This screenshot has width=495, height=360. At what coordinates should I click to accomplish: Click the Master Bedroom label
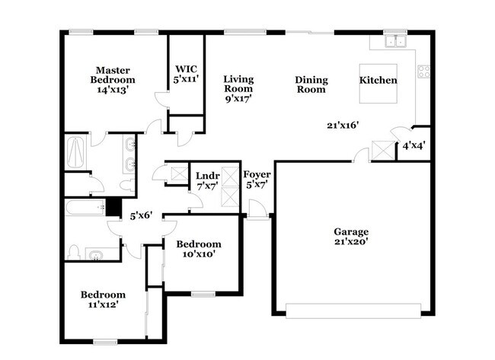(x=113, y=79)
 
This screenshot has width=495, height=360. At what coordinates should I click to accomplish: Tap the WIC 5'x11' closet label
(x=187, y=72)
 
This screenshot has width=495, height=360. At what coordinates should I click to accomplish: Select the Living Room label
(x=238, y=88)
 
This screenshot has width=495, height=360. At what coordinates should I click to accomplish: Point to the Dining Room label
(x=310, y=84)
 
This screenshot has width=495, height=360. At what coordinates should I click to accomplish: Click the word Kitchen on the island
(x=378, y=80)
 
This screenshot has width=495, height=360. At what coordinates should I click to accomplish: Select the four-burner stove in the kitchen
(x=423, y=72)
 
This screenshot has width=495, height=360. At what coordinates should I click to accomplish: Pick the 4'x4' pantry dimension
(x=414, y=145)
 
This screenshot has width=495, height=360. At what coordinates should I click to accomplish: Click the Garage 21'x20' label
(x=351, y=236)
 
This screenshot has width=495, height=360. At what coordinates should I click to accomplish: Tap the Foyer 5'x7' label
(x=257, y=179)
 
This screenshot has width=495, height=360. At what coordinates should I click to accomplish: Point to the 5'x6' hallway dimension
(x=141, y=215)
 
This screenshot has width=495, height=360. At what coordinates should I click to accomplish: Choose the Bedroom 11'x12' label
(x=104, y=299)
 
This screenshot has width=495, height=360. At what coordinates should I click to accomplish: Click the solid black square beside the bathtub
(x=113, y=206)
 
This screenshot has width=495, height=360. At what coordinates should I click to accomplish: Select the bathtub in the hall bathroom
(x=84, y=206)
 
